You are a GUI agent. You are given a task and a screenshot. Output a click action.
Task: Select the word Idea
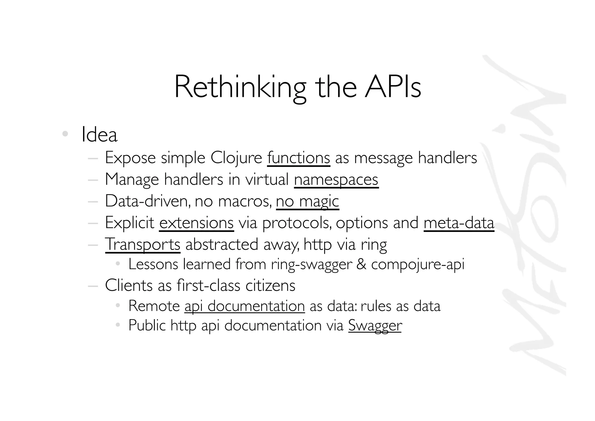coord(99,135)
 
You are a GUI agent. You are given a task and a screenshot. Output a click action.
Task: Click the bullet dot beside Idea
coord(65,134)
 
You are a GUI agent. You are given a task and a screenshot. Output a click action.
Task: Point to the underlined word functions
coord(298,158)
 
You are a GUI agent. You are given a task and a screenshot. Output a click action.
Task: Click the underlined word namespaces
coord(336,180)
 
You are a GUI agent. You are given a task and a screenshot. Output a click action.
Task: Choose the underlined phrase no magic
coord(307,201)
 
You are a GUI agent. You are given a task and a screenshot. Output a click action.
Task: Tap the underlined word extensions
coord(196,223)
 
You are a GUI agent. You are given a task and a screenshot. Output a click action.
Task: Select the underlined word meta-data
coord(459,223)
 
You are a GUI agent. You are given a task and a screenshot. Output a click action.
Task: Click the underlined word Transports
coord(143,244)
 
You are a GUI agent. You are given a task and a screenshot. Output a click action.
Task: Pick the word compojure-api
coord(418,264)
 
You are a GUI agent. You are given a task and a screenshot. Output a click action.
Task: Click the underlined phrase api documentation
coord(245,306)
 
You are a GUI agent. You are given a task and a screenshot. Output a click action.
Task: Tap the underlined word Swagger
coord(375,325)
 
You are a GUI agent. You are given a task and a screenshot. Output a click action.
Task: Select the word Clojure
coord(236,158)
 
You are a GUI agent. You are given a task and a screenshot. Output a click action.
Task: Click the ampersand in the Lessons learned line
coord(361,264)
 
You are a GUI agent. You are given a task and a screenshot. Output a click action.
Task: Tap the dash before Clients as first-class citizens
coord(93,286)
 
